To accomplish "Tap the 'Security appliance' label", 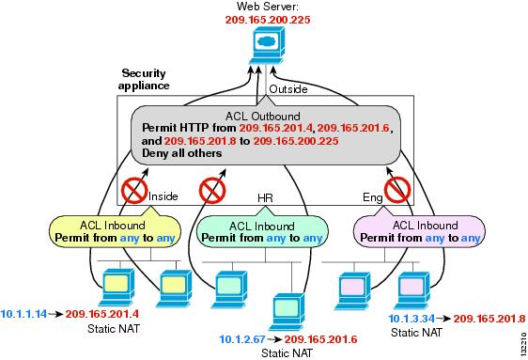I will click(151, 78).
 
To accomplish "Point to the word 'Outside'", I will click(288, 89).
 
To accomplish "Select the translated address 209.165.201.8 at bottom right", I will click(488, 318).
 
